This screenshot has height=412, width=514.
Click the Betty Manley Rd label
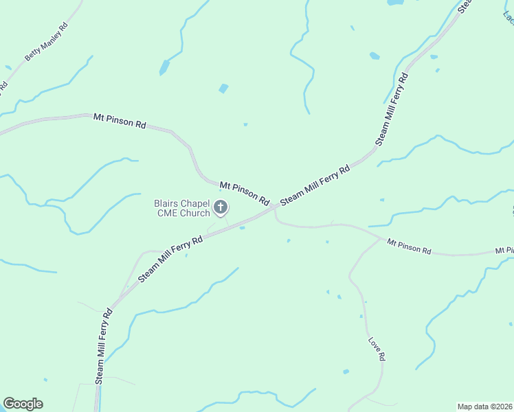point(46,43)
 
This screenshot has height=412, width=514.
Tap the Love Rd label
point(375,349)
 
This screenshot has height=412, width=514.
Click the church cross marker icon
point(221,207)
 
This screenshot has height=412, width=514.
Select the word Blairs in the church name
point(166,203)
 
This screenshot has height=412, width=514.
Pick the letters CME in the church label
point(171,213)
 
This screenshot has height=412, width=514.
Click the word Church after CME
point(196,213)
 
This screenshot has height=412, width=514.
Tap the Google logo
point(23,404)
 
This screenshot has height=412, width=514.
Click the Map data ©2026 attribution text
point(484,407)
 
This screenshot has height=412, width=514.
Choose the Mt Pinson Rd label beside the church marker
point(245,193)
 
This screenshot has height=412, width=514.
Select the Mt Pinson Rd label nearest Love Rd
point(408,247)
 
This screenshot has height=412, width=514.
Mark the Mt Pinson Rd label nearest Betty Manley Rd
point(120,121)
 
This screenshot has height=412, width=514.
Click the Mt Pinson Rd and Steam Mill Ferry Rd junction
point(274,206)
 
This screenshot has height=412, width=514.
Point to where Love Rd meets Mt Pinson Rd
point(380,239)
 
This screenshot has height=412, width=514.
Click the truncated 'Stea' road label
point(465,5)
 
